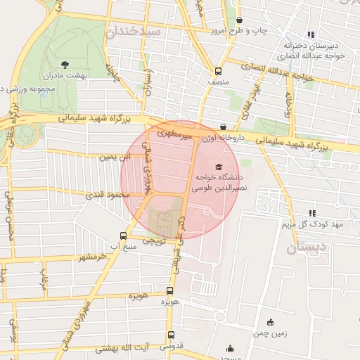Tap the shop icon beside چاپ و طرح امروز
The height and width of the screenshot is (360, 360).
tap(240, 20)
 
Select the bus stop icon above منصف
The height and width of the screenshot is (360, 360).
tap(218, 71)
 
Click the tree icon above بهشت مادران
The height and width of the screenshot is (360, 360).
tap(65, 64)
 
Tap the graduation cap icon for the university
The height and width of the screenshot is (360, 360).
tap(219, 167)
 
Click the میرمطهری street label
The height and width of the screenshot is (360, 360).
tap(174, 131)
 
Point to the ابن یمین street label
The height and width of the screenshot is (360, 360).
tap(114, 158)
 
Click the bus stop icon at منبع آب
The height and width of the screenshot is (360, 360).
tap(124, 236)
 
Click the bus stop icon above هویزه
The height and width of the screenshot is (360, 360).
tap(169, 290)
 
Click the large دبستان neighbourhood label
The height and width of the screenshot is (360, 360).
tap(308, 247)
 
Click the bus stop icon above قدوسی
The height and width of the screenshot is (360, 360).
tap(170, 335)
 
